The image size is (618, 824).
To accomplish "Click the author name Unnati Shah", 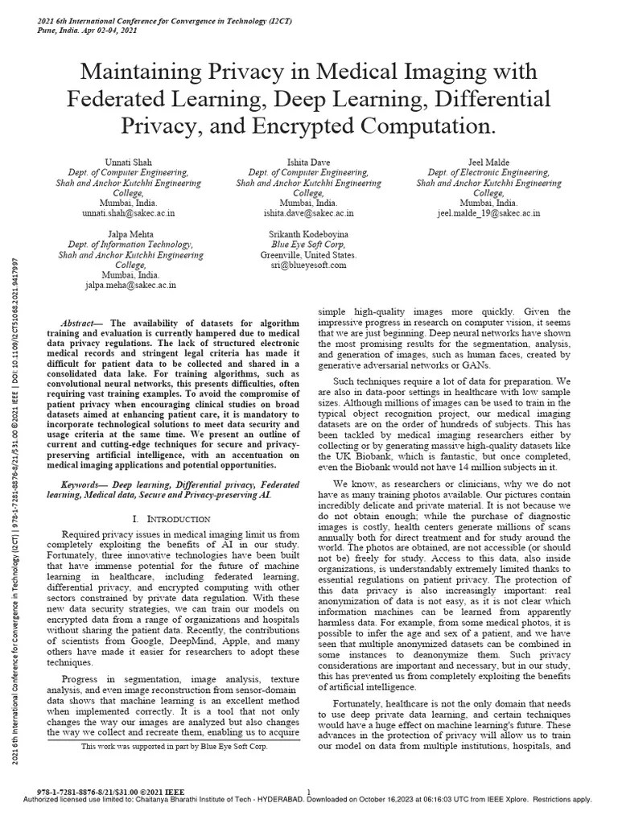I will (x=128, y=163).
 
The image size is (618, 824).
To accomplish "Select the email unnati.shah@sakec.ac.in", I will (x=128, y=214).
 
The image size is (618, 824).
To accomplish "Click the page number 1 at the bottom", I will (x=309, y=793).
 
